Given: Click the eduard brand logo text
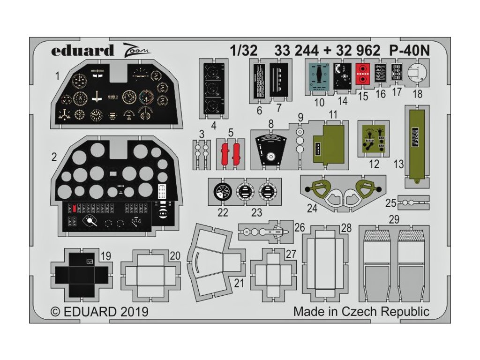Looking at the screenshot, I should click(82, 50).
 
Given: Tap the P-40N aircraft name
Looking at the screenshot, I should click(406, 51).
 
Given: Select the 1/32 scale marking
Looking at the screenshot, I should click(244, 51).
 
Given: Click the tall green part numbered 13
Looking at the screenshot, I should click(415, 142).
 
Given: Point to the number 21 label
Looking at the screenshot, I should click(240, 283).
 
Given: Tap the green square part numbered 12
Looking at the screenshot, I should click(374, 139).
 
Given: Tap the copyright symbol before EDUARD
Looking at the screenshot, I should click(55, 311).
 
